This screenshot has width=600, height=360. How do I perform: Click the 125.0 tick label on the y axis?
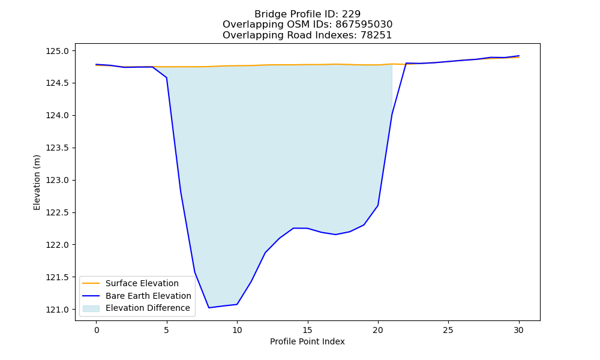[x=58, y=51]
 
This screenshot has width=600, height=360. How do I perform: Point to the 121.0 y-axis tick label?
[x=58, y=310]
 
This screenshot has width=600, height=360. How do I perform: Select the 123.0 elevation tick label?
[x=58, y=180]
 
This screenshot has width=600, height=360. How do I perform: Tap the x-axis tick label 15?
[x=307, y=330]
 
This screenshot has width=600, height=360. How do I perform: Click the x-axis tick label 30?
[x=518, y=330]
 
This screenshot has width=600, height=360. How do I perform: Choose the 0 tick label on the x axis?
[x=96, y=330]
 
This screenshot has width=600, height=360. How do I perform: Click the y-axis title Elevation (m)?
[x=37, y=182]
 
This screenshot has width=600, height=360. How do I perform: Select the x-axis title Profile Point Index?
[x=307, y=341]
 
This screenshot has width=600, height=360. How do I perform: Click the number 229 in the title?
[x=351, y=14]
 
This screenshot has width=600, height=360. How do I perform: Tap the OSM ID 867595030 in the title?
[x=364, y=25]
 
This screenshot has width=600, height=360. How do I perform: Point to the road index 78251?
[x=376, y=35]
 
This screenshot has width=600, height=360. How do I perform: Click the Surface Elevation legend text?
[x=142, y=283]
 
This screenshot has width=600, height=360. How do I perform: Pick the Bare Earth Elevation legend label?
[x=148, y=296]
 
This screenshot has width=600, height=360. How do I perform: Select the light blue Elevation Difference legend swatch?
[x=91, y=308]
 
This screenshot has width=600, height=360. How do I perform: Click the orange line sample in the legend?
[x=91, y=283]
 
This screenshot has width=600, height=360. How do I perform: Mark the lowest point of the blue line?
[x=209, y=308]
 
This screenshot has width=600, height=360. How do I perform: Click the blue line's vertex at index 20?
[x=378, y=205]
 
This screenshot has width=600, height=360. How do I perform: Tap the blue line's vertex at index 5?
[x=166, y=77]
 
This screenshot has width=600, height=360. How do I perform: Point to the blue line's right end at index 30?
[x=519, y=56]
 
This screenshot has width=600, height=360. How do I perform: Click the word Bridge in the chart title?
[x=268, y=14]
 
